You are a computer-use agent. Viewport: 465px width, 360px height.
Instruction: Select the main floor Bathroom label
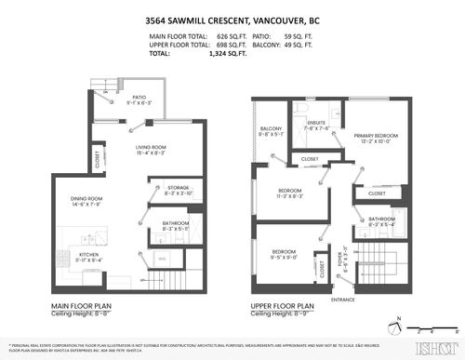[x=175, y=224]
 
